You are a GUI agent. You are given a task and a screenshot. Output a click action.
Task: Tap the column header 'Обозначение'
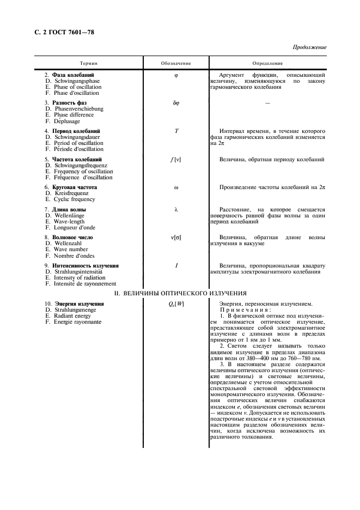pos(176,63)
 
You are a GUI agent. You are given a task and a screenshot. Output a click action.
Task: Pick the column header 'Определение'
pos(267,63)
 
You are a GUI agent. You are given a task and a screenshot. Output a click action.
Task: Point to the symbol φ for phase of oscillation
pos(176,75)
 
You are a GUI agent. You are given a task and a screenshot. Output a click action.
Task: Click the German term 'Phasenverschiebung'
pos(78,109)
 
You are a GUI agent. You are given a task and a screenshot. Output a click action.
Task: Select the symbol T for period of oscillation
pos(176,131)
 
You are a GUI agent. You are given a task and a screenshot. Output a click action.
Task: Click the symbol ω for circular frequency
pos(176,187)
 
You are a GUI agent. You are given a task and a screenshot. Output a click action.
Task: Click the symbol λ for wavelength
pos(176,209)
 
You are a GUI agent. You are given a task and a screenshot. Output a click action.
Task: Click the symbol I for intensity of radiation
pos(176,266)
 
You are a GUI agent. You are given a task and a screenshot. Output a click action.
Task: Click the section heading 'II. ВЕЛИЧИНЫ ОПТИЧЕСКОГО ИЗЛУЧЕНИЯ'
pos(180,294)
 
